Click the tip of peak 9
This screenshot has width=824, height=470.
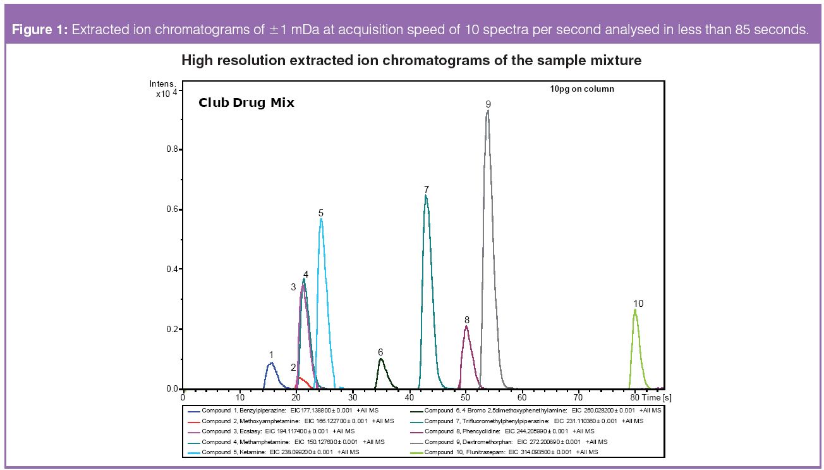point(487,111)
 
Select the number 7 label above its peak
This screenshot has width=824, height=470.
point(427,189)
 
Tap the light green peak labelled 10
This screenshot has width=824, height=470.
point(636,311)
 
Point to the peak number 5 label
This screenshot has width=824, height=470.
point(321,213)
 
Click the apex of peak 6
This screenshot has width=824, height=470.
point(380,359)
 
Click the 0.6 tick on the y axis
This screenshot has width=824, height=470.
point(171,209)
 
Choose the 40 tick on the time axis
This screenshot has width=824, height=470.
point(409,397)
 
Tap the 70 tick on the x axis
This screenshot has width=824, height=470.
point(578,397)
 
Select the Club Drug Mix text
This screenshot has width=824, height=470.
point(246,102)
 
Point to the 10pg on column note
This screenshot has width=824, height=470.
point(581,89)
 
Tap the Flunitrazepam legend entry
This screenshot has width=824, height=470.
point(512,452)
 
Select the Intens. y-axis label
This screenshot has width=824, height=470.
point(161,84)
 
